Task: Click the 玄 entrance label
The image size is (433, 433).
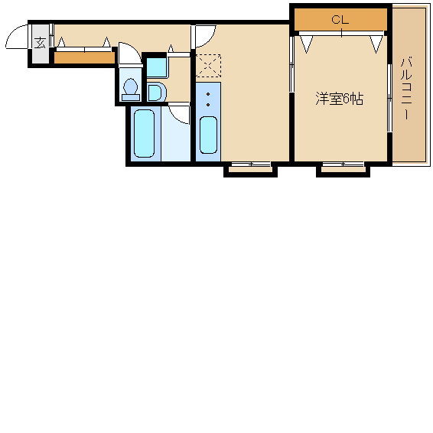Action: tap(40, 43)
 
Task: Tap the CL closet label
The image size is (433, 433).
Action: tap(340, 20)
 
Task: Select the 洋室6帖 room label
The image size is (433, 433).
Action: tap(340, 99)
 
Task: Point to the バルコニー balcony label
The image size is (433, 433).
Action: tap(406, 89)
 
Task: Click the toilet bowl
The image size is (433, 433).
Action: tap(130, 90)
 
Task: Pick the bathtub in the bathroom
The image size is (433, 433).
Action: tap(144, 133)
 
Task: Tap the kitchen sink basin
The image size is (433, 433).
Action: tap(208, 135)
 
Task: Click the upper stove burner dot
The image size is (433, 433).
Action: tap(208, 94)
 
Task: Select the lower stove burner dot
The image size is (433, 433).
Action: tap(208, 105)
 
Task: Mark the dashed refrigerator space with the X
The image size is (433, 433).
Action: tap(208, 66)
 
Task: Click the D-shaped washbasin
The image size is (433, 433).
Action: tap(156, 93)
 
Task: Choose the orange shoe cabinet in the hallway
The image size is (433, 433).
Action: tap(84, 58)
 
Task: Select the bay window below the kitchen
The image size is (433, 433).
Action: tap(250, 169)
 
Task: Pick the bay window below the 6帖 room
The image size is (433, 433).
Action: tap(343, 169)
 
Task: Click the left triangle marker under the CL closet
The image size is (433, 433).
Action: tap(306, 44)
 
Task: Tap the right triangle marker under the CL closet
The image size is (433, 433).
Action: tap(376, 44)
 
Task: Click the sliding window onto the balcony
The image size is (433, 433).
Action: tap(389, 99)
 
